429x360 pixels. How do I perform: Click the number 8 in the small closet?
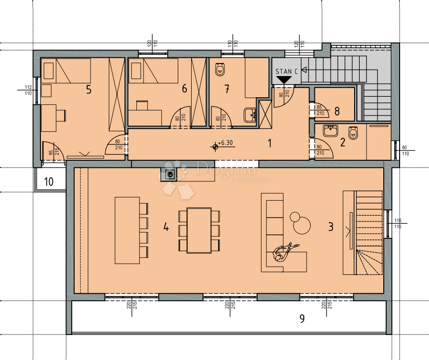click(337, 112)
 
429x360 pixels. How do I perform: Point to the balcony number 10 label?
click(49, 181)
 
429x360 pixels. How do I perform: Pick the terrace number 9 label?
click(302, 319)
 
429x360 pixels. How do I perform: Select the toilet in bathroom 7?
click(220, 70)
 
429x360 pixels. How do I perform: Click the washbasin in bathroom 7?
click(250, 115)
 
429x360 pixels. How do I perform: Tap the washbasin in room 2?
click(331, 130)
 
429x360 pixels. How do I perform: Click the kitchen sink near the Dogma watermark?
click(170, 174)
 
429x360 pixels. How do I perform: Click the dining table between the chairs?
click(199, 230)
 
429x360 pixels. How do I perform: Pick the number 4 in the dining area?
click(166, 227)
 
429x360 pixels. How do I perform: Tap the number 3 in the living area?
click(330, 227)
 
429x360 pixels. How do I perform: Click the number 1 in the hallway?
click(270, 143)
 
